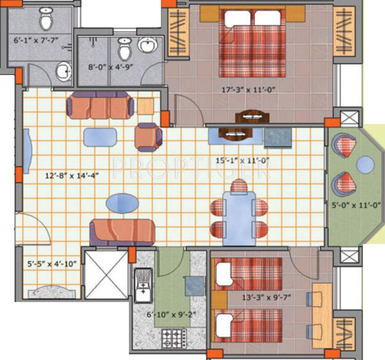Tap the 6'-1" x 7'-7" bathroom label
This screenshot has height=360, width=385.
36,40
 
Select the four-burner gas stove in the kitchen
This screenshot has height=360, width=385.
174,338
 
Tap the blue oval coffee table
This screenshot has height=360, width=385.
122,204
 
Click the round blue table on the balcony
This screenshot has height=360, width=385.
365,165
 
